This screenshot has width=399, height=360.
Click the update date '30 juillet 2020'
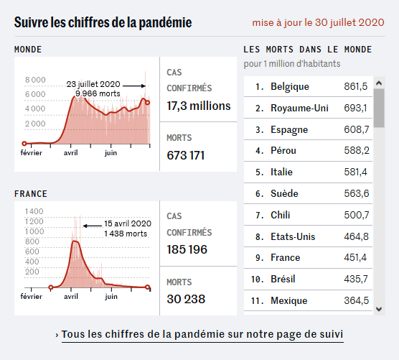[x=349, y=22]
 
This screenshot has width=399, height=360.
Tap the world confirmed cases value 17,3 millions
[x=199, y=106]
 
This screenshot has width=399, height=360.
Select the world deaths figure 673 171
[x=185, y=155]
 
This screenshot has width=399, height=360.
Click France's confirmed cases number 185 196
[x=187, y=249]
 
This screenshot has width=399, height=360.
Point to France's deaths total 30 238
[x=186, y=299]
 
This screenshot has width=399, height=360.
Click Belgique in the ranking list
[x=290, y=87]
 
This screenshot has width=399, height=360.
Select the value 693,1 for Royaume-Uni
[x=355, y=108]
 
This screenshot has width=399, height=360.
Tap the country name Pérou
[x=283, y=151]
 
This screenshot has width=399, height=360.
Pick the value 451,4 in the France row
[x=355, y=257]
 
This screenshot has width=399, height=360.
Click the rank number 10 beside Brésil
[x=255, y=280]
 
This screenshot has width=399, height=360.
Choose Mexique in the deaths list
[x=288, y=301]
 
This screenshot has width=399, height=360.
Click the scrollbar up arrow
[x=379, y=83]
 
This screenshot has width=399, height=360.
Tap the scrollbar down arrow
[x=379, y=309]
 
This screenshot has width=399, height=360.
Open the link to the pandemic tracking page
[x=202, y=334]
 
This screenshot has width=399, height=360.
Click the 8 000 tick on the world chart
[x=35, y=80]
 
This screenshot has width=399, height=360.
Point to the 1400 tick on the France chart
[x=34, y=211]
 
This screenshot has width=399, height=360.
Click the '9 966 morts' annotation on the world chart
[x=98, y=93]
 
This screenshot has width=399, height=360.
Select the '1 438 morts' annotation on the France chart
[x=126, y=234]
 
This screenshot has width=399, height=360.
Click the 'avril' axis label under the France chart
[x=71, y=297]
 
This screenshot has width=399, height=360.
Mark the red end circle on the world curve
[x=147, y=103]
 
